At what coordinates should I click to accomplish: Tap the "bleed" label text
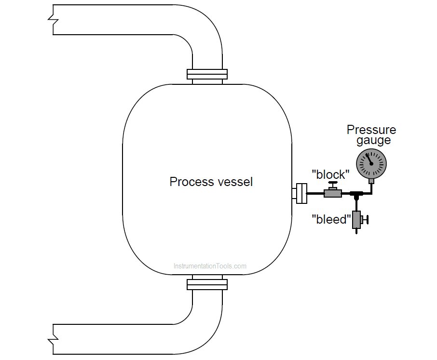(x=331, y=219)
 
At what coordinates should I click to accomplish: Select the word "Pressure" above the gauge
(x=371, y=130)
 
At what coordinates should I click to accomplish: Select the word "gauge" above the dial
(x=373, y=141)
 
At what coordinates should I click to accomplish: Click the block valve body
(x=332, y=193)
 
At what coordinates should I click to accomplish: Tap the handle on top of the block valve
(x=332, y=184)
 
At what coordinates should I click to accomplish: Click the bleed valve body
(x=356, y=219)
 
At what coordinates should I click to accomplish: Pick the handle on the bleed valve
(x=367, y=219)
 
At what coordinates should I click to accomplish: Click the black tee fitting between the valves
(x=356, y=194)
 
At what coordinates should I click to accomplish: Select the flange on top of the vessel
(x=207, y=74)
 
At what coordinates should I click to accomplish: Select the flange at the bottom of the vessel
(x=207, y=284)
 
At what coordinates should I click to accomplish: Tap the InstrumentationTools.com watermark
(x=210, y=266)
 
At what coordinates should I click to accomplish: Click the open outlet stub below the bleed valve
(x=356, y=231)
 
